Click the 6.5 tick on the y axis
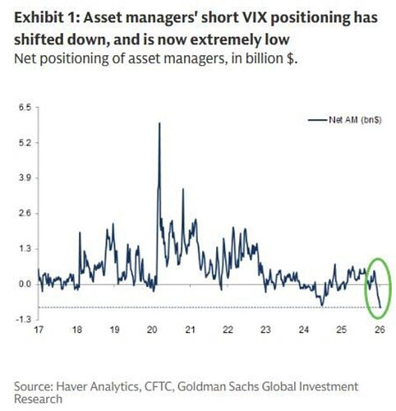(x=25, y=108)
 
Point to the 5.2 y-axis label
(x=25, y=143)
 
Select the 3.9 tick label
(x=25, y=178)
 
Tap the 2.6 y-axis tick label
(x=25, y=214)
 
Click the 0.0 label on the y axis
(x=25, y=284)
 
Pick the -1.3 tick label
(x=24, y=320)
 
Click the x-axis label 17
(x=39, y=330)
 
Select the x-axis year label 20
(x=152, y=330)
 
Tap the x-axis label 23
(x=265, y=330)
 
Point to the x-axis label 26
(x=380, y=330)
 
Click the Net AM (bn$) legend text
(x=355, y=120)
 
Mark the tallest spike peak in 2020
(x=159, y=123)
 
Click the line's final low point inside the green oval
(x=380, y=307)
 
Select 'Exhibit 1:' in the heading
(x=46, y=18)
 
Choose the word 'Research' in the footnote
(x=38, y=399)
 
